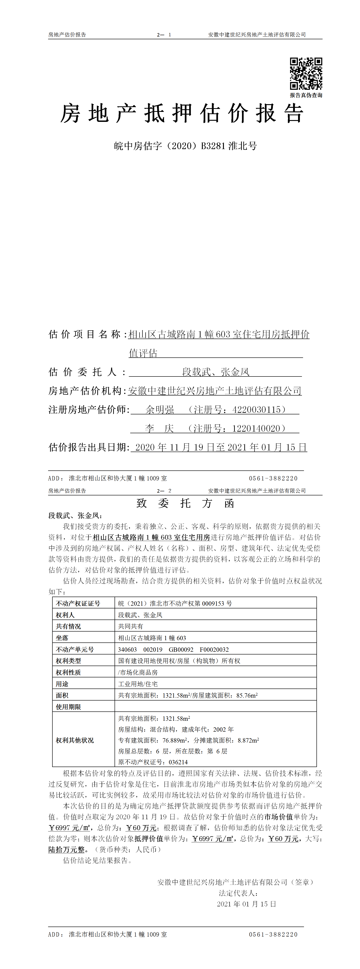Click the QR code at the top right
(x=306, y=74)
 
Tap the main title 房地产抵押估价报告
(x=182, y=114)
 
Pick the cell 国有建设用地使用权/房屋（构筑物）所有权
(x=179, y=661)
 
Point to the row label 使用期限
(x=69, y=707)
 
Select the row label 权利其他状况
(x=75, y=740)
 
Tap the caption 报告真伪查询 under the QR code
(x=306, y=95)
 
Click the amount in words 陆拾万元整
(x=67, y=849)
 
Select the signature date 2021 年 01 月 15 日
(x=246, y=904)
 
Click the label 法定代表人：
(x=238, y=893)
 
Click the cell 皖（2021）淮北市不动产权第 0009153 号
(x=175, y=603)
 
